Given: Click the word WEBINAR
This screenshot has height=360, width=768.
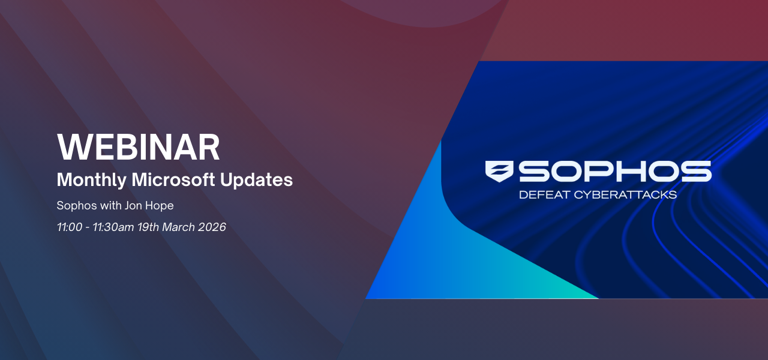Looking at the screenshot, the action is coord(138,147).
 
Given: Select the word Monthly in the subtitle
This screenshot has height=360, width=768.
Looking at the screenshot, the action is coord(92,180).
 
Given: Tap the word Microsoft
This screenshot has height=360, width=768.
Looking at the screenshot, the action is coord(173,179).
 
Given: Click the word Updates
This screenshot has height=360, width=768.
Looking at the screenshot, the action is coord(256,179).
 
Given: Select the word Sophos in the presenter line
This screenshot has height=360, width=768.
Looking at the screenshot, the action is coord(77,206).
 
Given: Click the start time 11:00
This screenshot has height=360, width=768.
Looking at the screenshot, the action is coord(70,227).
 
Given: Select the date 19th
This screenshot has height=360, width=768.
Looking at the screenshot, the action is coord(148,227).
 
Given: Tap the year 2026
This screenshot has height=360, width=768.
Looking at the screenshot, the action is coord(212,227).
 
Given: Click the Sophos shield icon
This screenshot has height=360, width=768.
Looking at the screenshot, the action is coord(499,171).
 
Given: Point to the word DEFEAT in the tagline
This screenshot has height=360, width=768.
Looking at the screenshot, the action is coord(544,195).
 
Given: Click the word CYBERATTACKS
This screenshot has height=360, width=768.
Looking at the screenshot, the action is coord(625,195).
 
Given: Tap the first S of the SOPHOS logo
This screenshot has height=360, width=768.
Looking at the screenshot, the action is coord(534,171).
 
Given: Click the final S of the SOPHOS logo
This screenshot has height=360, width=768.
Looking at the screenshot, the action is coord(697,171).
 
